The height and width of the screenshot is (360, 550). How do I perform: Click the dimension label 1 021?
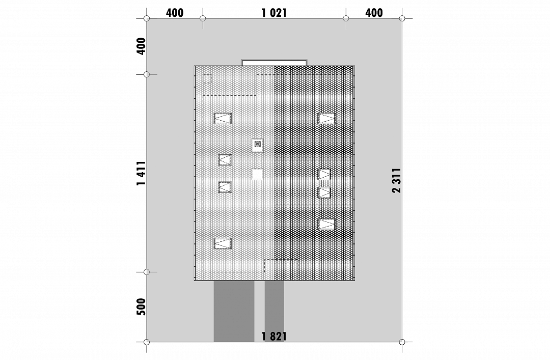[274, 13]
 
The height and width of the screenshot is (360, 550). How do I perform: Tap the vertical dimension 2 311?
[396, 180]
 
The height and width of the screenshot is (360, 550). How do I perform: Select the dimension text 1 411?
[142, 173]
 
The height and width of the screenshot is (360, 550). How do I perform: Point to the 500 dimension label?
[141, 307]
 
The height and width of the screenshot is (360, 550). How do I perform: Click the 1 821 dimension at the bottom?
[274, 337]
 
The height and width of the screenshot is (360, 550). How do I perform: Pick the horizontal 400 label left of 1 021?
[175, 13]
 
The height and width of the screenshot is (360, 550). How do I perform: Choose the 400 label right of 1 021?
[374, 13]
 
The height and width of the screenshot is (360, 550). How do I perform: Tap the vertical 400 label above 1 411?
[141, 46]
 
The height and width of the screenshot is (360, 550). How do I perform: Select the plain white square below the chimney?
[258, 174]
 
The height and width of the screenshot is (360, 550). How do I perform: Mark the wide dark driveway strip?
[234, 311]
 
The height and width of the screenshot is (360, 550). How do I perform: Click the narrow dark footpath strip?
[274, 311]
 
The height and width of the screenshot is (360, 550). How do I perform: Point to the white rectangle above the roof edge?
[274, 63]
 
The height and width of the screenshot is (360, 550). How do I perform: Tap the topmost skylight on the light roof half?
[223, 119]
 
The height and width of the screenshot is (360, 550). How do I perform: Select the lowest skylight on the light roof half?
[223, 243]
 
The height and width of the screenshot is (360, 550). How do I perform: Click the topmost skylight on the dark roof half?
[326, 119]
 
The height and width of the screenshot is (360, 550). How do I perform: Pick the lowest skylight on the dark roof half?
[326, 224]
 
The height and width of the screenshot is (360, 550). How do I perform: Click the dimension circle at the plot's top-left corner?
[147, 18]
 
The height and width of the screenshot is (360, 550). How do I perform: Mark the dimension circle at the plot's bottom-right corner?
[402, 342]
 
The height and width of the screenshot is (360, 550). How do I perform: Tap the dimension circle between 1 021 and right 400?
[346, 18]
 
